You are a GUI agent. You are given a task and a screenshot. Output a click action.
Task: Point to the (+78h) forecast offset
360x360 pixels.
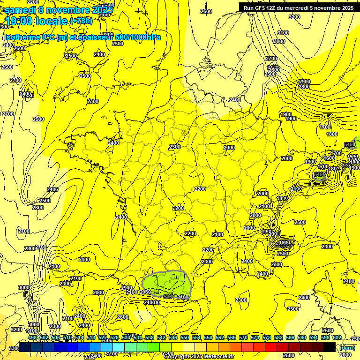(x=81, y=22)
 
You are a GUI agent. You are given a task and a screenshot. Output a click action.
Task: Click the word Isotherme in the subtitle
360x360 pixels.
(x=22, y=37)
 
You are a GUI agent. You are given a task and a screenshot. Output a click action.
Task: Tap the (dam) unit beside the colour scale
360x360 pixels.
(x=347, y=348)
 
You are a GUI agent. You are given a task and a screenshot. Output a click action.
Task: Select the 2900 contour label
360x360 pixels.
(x=304, y=82)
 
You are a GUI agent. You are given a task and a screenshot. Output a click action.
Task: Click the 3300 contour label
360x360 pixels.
(x=15, y=348)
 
